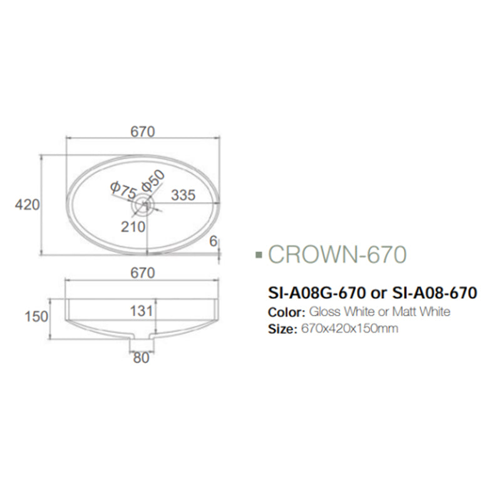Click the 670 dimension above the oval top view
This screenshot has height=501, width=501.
point(142,132)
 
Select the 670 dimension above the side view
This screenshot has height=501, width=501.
point(142,272)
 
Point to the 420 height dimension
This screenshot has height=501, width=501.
point(28,205)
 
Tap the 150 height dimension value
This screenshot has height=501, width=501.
point(36,316)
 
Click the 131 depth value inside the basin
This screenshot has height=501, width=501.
point(142,311)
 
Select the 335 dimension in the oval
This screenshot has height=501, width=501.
point(183,195)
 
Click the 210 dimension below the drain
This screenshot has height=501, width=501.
point(133,227)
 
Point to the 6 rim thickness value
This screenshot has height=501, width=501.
point(214,240)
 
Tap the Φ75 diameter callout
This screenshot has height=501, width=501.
point(122,190)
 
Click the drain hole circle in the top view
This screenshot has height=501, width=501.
point(145,204)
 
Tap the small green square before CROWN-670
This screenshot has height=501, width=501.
point(259,256)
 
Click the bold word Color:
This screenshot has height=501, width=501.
point(286,312)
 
